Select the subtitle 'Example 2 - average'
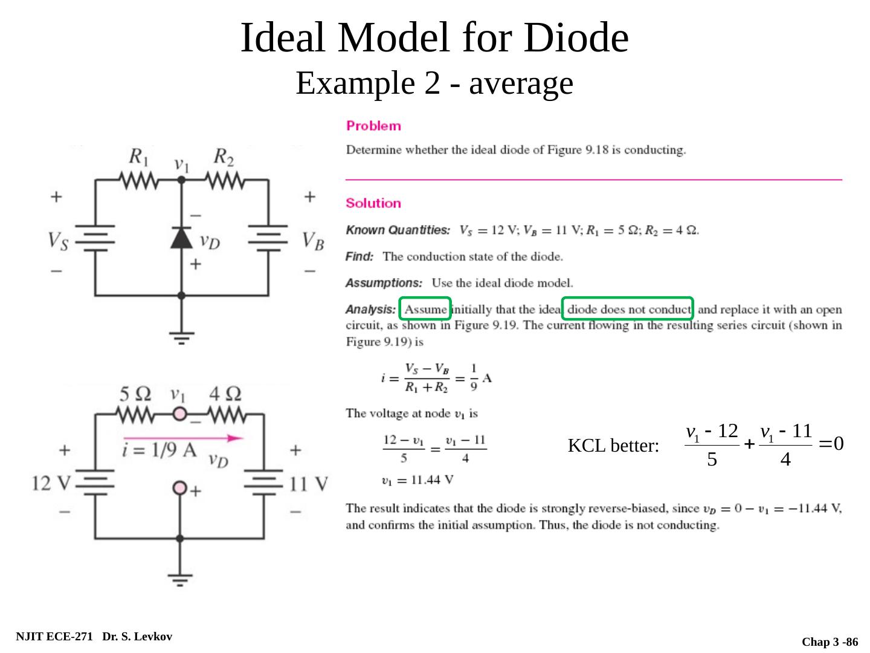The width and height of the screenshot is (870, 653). click(x=434, y=83)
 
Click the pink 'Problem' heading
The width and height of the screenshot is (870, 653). click(x=373, y=126)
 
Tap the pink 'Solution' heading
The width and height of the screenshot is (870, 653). click(x=373, y=203)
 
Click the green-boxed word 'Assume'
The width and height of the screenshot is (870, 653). click(x=425, y=310)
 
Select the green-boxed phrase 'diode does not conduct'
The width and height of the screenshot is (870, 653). click(x=628, y=310)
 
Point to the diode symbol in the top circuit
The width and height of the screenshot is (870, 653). click(x=181, y=238)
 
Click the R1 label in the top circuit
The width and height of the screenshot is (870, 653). click(x=139, y=158)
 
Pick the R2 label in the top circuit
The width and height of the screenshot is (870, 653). click(x=224, y=158)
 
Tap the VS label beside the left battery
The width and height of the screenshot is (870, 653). click(x=58, y=241)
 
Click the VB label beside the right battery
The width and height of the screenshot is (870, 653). click(x=313, y=241)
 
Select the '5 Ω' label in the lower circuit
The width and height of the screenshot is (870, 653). click(x=135, y=394)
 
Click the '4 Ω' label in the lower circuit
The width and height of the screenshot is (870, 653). click(x=225, y=394)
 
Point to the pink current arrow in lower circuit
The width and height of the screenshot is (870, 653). click(x=183, y=438)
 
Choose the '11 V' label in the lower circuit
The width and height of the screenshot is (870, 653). click(x=309, y=484)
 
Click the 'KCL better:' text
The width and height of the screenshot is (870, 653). click(x=613, y=446)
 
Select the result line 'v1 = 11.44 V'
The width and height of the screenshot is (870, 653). click(x=418, y=481)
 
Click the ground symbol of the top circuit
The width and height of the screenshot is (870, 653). click(x=181, y=337)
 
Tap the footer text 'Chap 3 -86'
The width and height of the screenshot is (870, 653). click(x=830, y=642)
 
